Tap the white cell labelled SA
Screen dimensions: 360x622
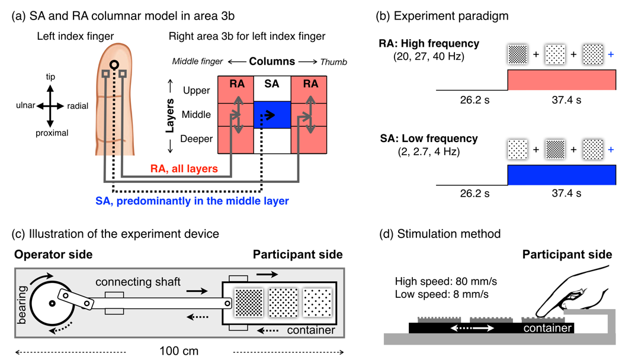(272, 85)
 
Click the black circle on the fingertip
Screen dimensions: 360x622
(114, 65)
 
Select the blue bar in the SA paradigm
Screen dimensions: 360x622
(561, 175)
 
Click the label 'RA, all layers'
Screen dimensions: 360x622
(184, 169)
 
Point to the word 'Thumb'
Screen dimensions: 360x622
(334, 62)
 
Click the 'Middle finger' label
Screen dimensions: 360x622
(197, 62)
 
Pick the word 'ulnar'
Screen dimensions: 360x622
(27, 106)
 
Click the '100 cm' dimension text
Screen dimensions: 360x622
(179, 351)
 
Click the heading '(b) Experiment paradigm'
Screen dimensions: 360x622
(442, 16)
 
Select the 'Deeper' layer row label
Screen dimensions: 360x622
(195, 139)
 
